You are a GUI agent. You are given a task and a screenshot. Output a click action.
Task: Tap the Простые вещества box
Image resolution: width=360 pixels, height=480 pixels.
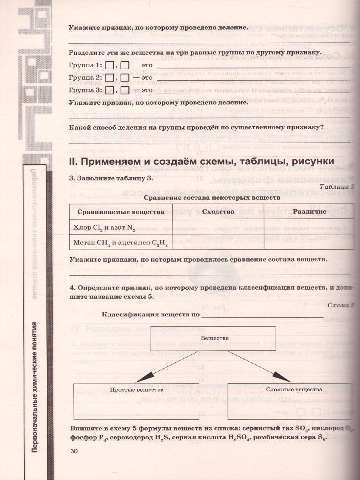coord(136,401)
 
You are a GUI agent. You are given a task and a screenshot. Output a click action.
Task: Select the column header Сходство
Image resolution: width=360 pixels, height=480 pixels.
coord(218,212)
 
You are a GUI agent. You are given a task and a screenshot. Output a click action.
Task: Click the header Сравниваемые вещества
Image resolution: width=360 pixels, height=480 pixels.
coord(120,212)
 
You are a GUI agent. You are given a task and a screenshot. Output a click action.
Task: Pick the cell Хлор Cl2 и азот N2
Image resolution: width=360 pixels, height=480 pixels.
coord(120,228)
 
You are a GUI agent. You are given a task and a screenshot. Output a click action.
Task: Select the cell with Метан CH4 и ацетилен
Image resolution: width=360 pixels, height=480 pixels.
coord(120,242)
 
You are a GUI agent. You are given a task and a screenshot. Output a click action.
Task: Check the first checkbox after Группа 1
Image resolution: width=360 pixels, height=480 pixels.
coord(110,66)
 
